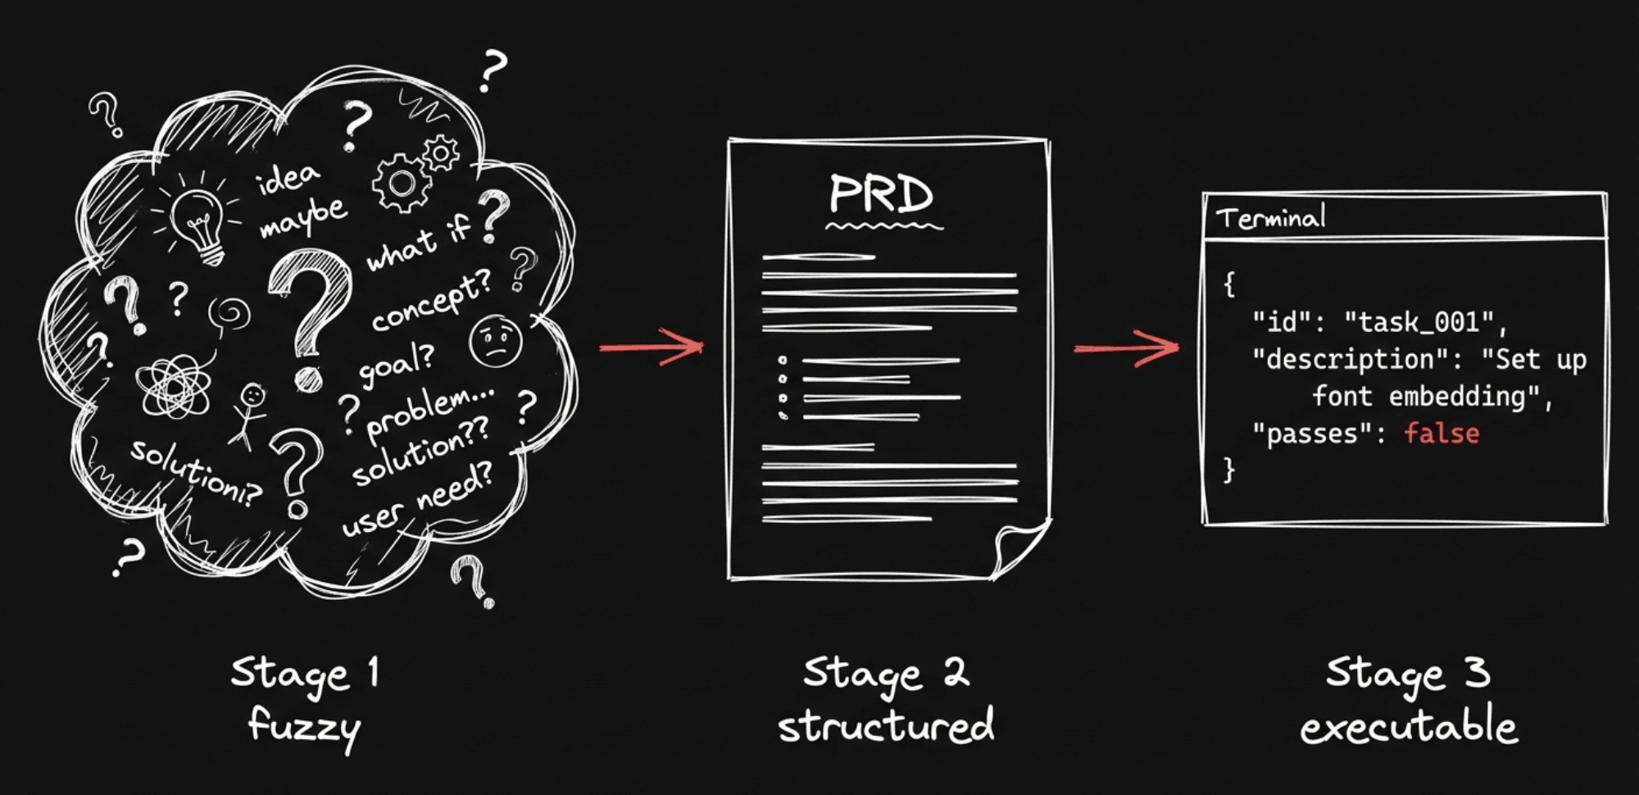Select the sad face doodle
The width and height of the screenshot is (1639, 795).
[x=496, y=340]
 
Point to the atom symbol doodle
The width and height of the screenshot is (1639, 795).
[x=174, y=384]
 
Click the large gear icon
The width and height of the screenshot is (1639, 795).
[x=401, y=184]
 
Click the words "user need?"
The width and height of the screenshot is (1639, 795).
[x=417, y=499]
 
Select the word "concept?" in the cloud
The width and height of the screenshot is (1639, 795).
[x=431, y=300]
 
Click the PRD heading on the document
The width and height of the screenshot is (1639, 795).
[x=881, y=195]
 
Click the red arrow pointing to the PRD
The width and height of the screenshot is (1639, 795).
[x=652, y=347]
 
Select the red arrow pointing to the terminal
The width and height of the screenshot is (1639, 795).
[x=1127, y=348]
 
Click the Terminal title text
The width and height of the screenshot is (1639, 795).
[x=1270, y=218]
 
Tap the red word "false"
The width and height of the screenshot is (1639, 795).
[x=1442, y=433]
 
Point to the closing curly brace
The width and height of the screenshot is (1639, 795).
[x=1228, y=470]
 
